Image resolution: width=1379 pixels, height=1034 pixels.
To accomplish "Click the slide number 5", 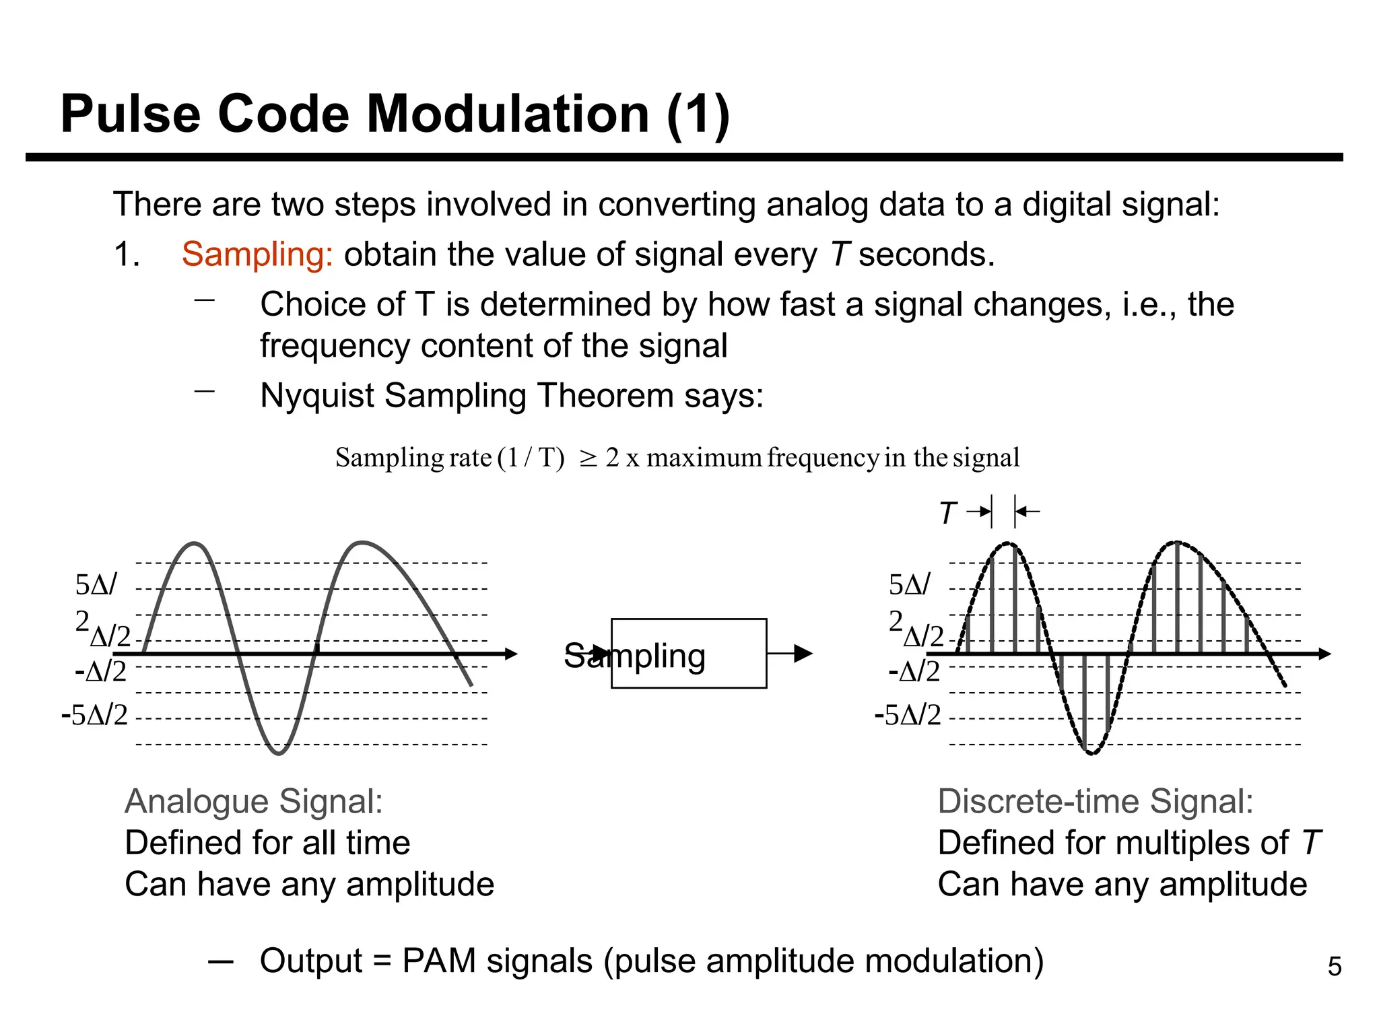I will tap(1334, 967).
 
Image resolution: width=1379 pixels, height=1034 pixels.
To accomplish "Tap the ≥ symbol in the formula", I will tap(588, 458).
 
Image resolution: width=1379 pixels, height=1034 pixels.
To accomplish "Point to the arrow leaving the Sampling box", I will tap(791, 653).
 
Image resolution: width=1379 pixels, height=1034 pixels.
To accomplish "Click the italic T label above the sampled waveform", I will tap(947, 514).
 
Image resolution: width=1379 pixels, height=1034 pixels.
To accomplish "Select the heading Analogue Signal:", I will tap(254, 802).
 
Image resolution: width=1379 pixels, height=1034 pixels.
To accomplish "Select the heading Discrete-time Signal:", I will tap(1095, 802).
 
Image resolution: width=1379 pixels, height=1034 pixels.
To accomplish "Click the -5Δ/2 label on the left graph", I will tap(94, 715).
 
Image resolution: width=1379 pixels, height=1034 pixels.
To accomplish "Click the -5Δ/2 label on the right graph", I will tap(908, 715).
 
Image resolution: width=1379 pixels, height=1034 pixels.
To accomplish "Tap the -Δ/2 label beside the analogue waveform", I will tap(101, 672).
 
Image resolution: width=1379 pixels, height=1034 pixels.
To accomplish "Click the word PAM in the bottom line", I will tap(438, 961).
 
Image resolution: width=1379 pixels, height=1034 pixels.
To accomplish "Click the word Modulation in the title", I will tap(507, 114).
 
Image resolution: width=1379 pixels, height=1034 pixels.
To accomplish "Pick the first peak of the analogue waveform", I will tap(195, 543).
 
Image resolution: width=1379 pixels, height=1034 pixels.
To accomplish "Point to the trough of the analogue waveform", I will tap(278, 753).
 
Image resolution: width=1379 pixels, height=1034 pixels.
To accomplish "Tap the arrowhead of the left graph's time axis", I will tap(511, 654).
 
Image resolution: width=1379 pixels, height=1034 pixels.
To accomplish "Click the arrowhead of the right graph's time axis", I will tap(1324, 654).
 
